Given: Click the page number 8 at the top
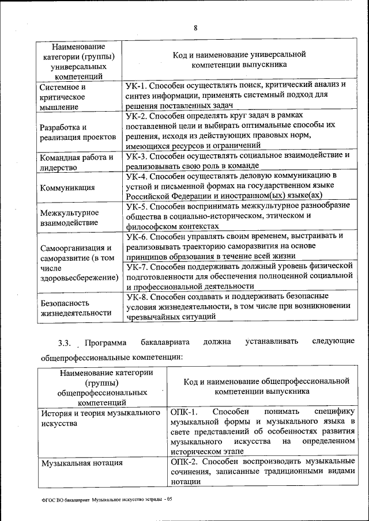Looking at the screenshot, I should click(x=195, y=28).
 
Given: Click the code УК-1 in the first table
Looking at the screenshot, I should click(x=138, y=85).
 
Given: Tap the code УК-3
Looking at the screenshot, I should click(x=138, y=155).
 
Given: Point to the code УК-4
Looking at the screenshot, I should click(x=138, y=175).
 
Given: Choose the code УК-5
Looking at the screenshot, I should click(x=138, y=206).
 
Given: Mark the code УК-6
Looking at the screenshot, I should click(x=138, y=236).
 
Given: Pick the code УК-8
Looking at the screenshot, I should click(x=138, y=296).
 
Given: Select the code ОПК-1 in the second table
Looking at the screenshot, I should click(x=184, y=412).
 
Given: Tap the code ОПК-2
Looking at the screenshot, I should click(x=184, y=462).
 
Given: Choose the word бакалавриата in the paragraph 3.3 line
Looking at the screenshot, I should click(x=164, y=343).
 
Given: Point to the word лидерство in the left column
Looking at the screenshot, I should click(x=58, y=168).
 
